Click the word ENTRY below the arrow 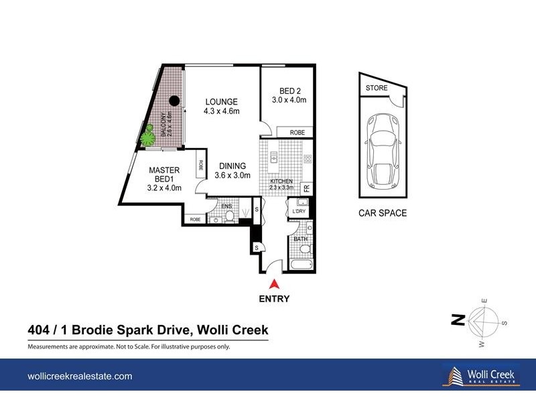pos(274,299)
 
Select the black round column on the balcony pos(174,101)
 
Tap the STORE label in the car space pos(377,88)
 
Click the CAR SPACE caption pos(382,214)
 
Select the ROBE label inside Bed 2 pos(297,133)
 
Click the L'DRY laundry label pos(299,212)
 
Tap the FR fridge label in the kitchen pos(307,188)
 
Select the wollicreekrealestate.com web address pos(80,377)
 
